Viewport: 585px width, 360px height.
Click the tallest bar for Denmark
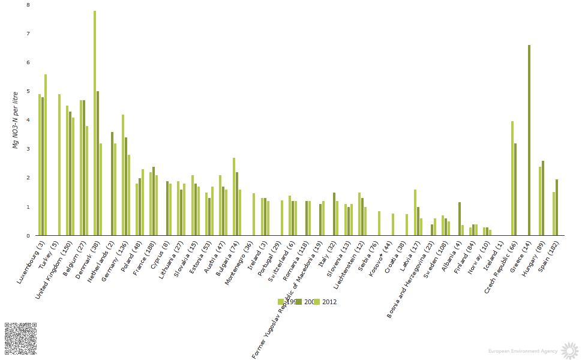pos(95,123)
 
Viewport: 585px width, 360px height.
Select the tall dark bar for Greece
pos(529,140)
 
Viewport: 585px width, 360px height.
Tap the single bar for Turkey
pos(59,164)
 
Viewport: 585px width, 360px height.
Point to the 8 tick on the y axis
pos(28,5)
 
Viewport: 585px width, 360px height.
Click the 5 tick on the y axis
pos(28,91)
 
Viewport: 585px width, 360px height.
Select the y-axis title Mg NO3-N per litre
pos(16,120)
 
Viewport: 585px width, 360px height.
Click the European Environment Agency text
pos(523,350)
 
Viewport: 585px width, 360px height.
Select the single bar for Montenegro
pos(254,214)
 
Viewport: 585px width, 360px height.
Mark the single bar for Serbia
pos(379,223)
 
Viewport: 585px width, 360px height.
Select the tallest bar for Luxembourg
pos(46,155)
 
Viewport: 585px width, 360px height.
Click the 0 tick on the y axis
pos(28,236)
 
